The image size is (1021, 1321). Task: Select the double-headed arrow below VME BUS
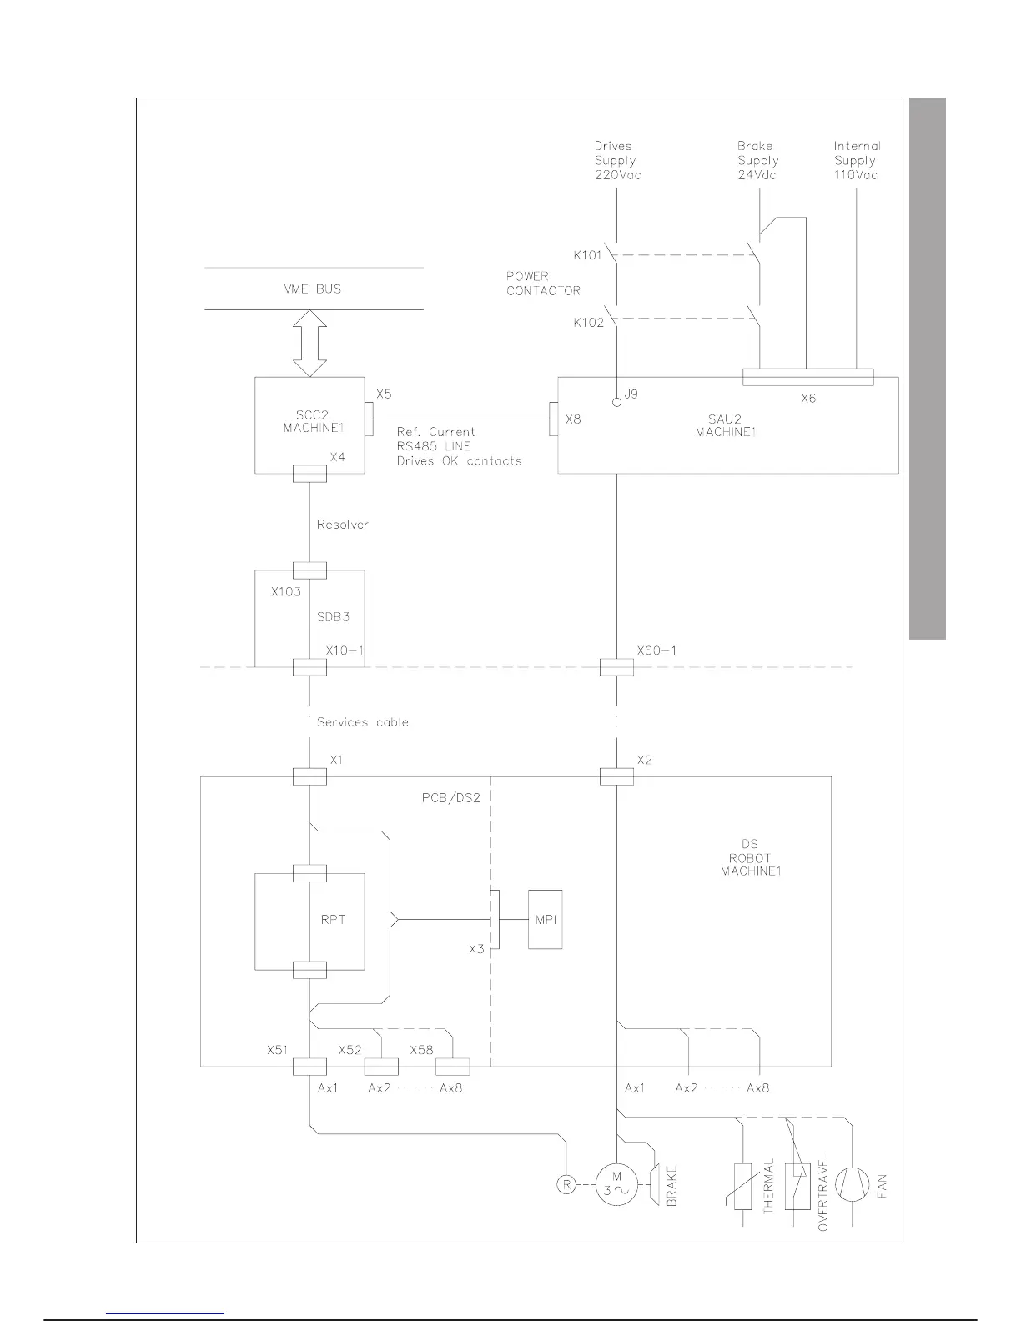tap(309, 343)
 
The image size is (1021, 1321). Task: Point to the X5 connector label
tap(384, 394)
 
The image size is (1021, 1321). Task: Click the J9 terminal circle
tap(616, 402)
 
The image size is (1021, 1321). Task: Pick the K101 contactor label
tap(587, 255)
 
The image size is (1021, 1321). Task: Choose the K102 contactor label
tap(588, 322)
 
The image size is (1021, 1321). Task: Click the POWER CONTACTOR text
tap(543, 284)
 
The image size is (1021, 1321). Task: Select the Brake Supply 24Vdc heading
tap(757, 160)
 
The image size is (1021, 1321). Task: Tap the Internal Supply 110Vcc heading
tap(856, 160)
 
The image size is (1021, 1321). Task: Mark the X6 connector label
tap(807, 399)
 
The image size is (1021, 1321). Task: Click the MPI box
tap(545, 919)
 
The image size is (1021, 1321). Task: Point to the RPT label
tap(333, 920)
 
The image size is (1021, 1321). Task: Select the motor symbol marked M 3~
tap(616, 1184)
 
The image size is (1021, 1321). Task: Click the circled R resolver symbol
tap(566, 1183)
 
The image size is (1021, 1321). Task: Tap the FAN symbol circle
tap(852, 1185)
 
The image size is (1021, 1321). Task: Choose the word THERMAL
tap(768, 1185)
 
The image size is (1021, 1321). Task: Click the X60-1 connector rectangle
tap(616, 667)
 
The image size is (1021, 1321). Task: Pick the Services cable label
tap(363, 722)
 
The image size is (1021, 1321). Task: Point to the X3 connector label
tap(475, 949)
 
